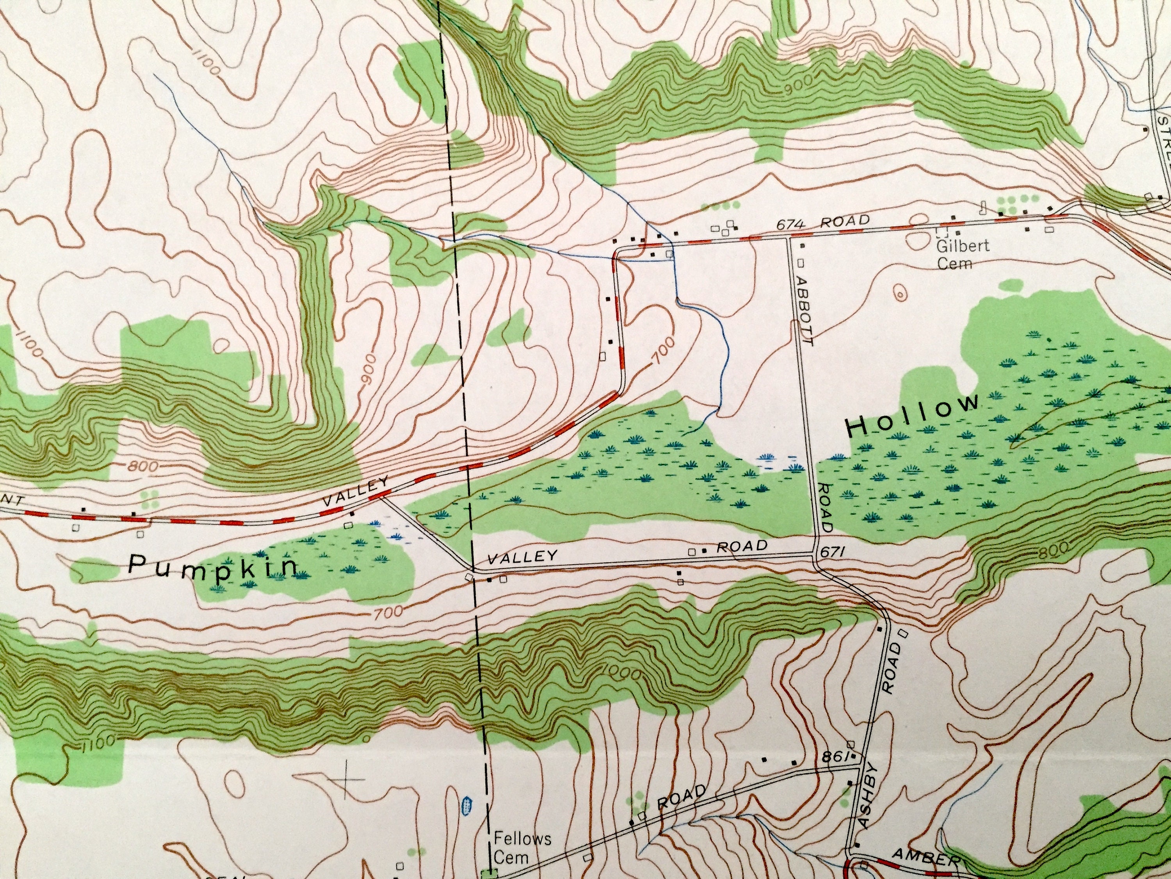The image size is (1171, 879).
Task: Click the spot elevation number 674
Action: pyautogui.click(x=790, y=225)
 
